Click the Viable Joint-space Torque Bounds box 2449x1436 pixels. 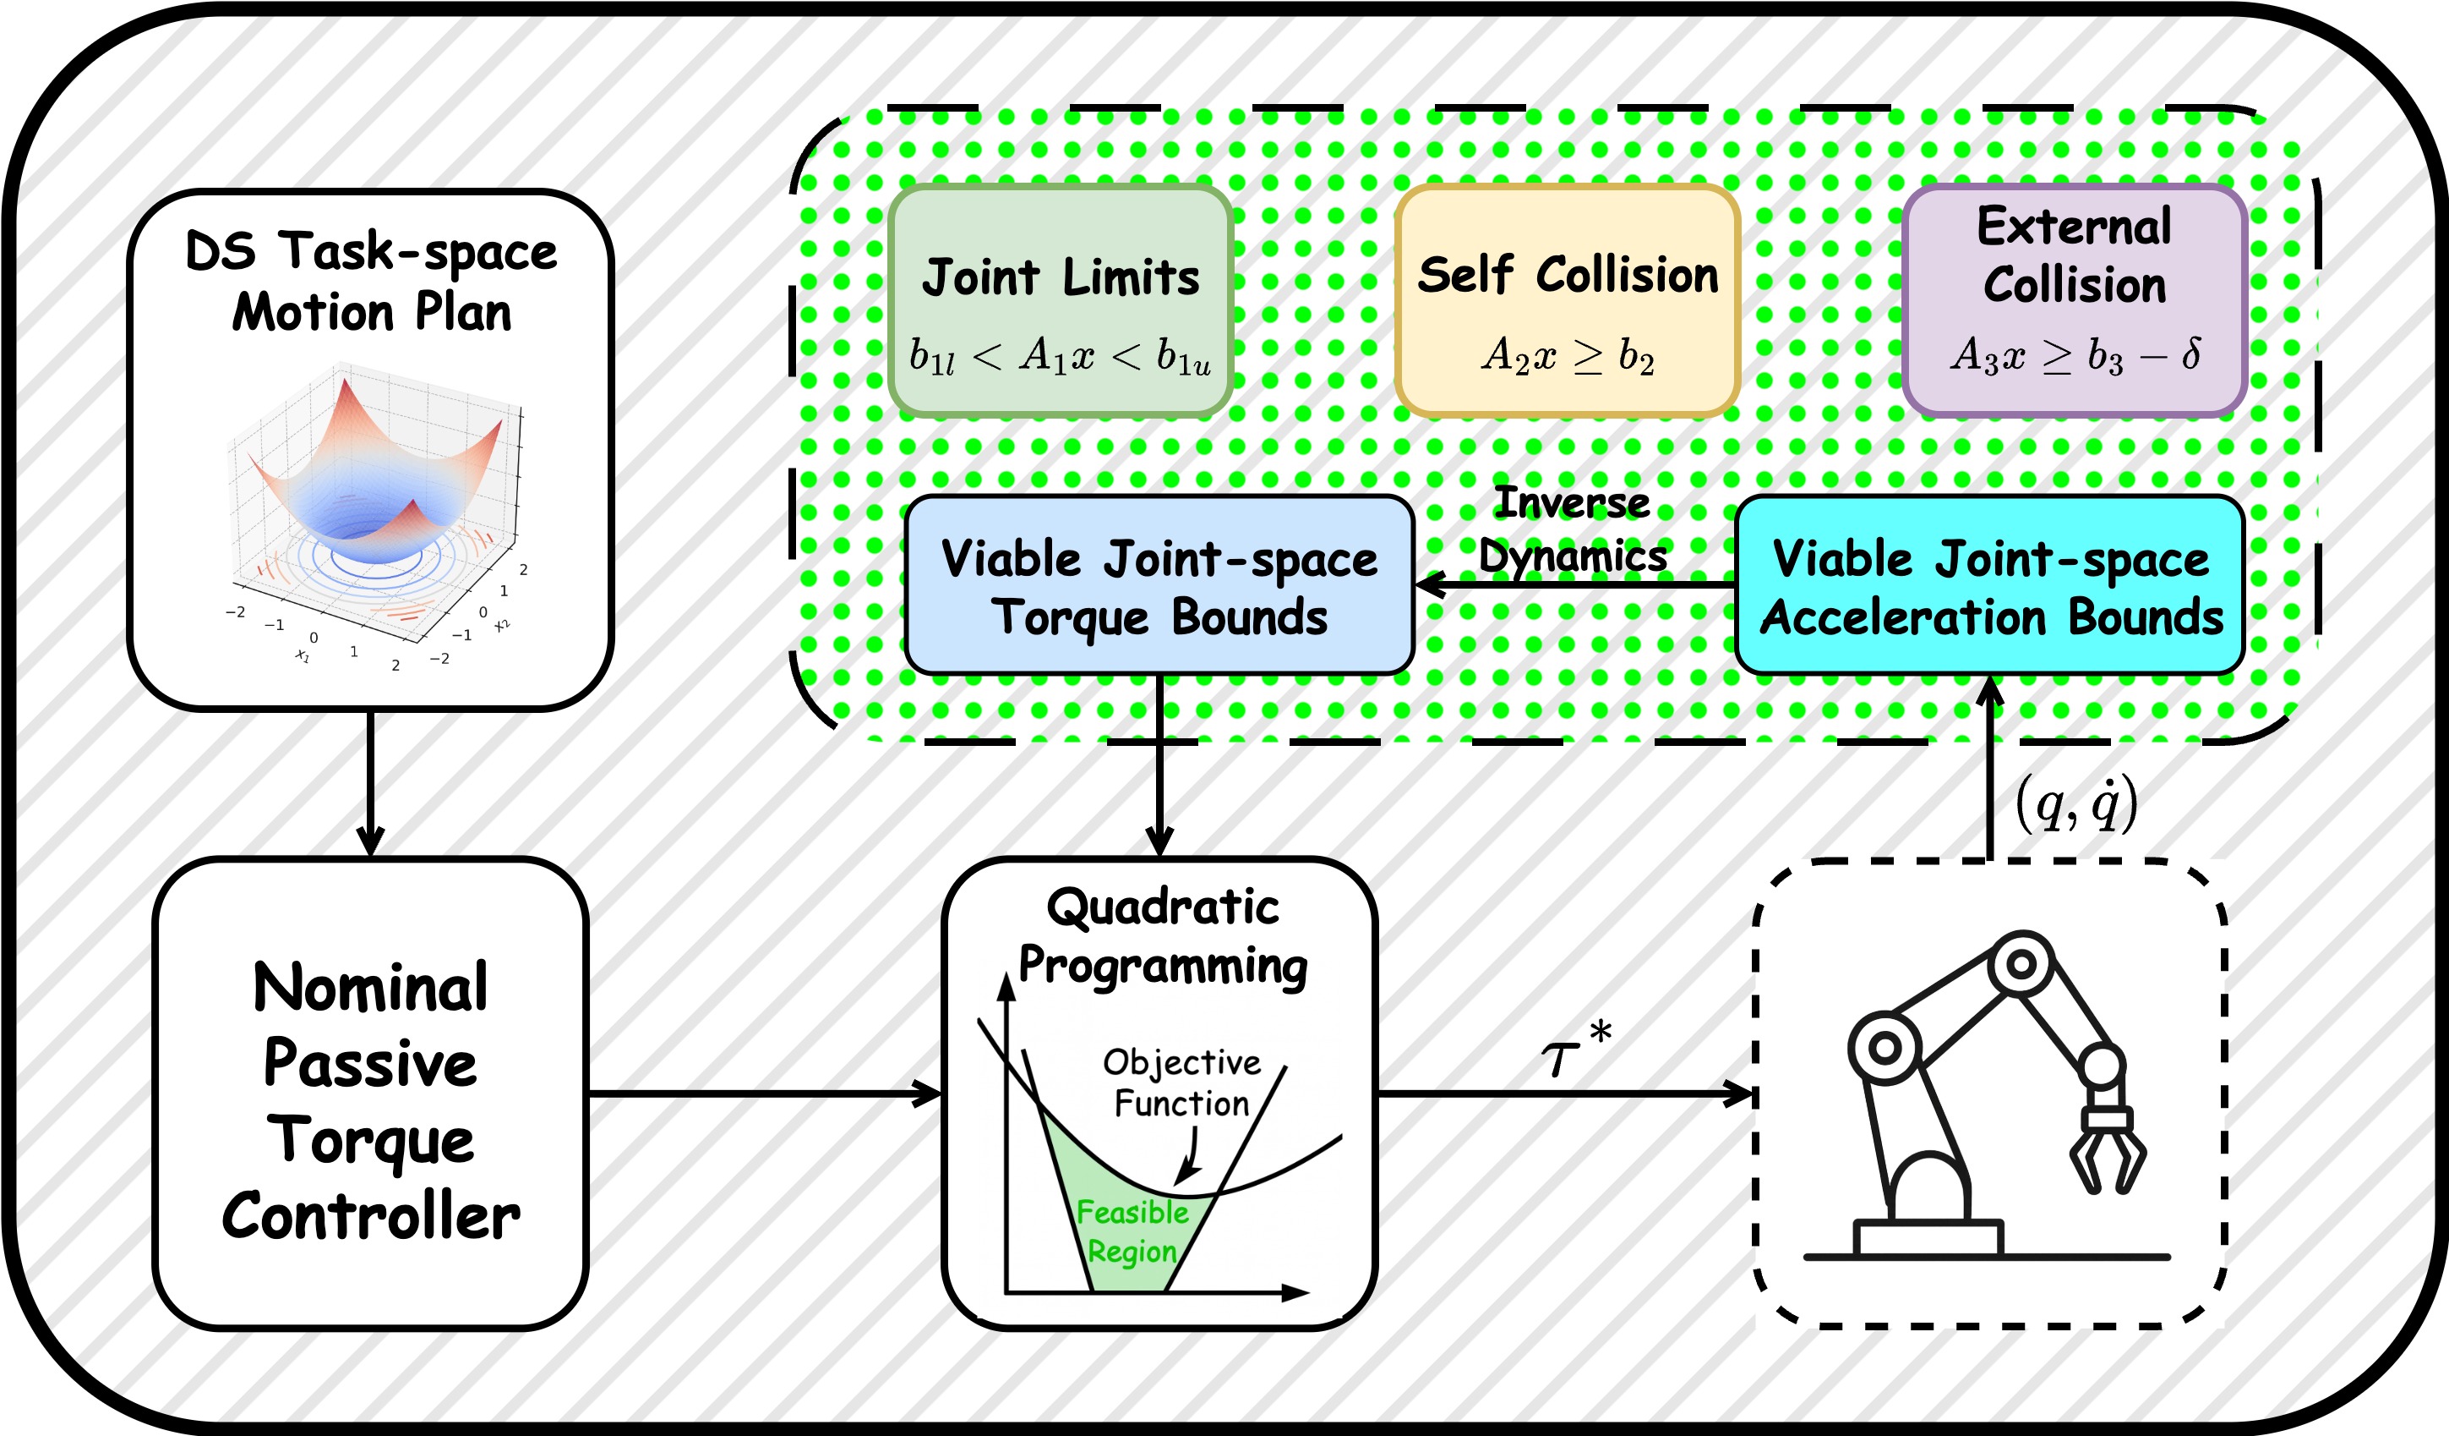pyautogui.click(x=1159, y=585)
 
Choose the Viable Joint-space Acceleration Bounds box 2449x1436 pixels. pyautogui.click(x=1989, y=585)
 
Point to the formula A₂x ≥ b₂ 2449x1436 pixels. pyautogui.click(x=1567, y=356)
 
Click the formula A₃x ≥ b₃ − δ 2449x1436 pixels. pyautogui.click(x=2074, y=356)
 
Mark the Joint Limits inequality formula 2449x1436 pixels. pyautogui.click(x=1060, y=357)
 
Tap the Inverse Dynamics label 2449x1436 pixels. pyautogui.click(x=1573, y=530)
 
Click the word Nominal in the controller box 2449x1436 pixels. pyautogui.click(x=370, y=988)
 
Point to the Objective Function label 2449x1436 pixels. pyautogui.click(x=1181, y=1083)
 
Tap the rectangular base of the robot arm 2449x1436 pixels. pyautogui.click(x=1928, y=1239)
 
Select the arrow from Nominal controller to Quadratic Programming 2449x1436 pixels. pyautogui.click(x=764, y=1094)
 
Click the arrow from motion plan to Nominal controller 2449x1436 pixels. pyautogui.click(x=370, y=782)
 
